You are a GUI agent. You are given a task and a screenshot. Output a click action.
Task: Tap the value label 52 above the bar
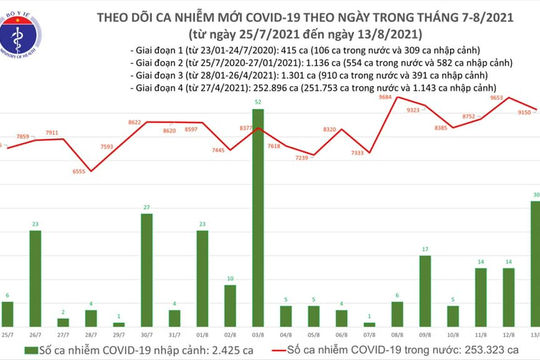point(258,103)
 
